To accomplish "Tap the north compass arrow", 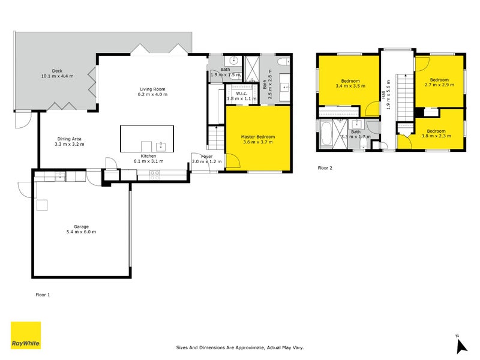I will point(461,345).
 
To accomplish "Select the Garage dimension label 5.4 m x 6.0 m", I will point(81,232).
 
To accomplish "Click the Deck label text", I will point(56,73).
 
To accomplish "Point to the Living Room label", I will point(152,91).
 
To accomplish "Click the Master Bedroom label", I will point(257,139).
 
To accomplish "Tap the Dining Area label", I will point(69,142).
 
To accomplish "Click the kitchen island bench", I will point(147,139).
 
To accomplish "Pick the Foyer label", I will point(206,158).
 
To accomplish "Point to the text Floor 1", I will point(43,295).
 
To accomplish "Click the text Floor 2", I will point(325,168).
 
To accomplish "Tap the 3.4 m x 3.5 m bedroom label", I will point(350,83).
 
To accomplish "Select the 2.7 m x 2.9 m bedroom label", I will point(439,82).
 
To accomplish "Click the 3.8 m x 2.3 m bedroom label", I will point(436,133).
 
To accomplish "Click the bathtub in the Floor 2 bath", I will point(327,133).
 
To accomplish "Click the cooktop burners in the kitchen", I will point(154,175).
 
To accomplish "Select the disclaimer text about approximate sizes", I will point(239,347).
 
